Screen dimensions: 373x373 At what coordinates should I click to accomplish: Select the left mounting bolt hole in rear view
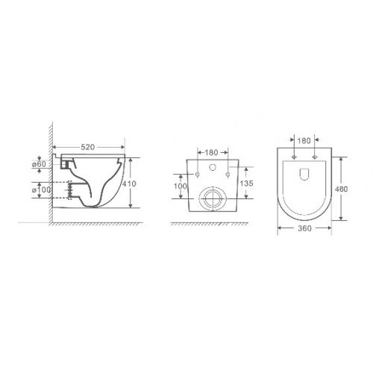(x=198, y=175)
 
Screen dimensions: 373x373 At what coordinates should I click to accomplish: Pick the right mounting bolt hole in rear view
(x=227, y=175)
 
